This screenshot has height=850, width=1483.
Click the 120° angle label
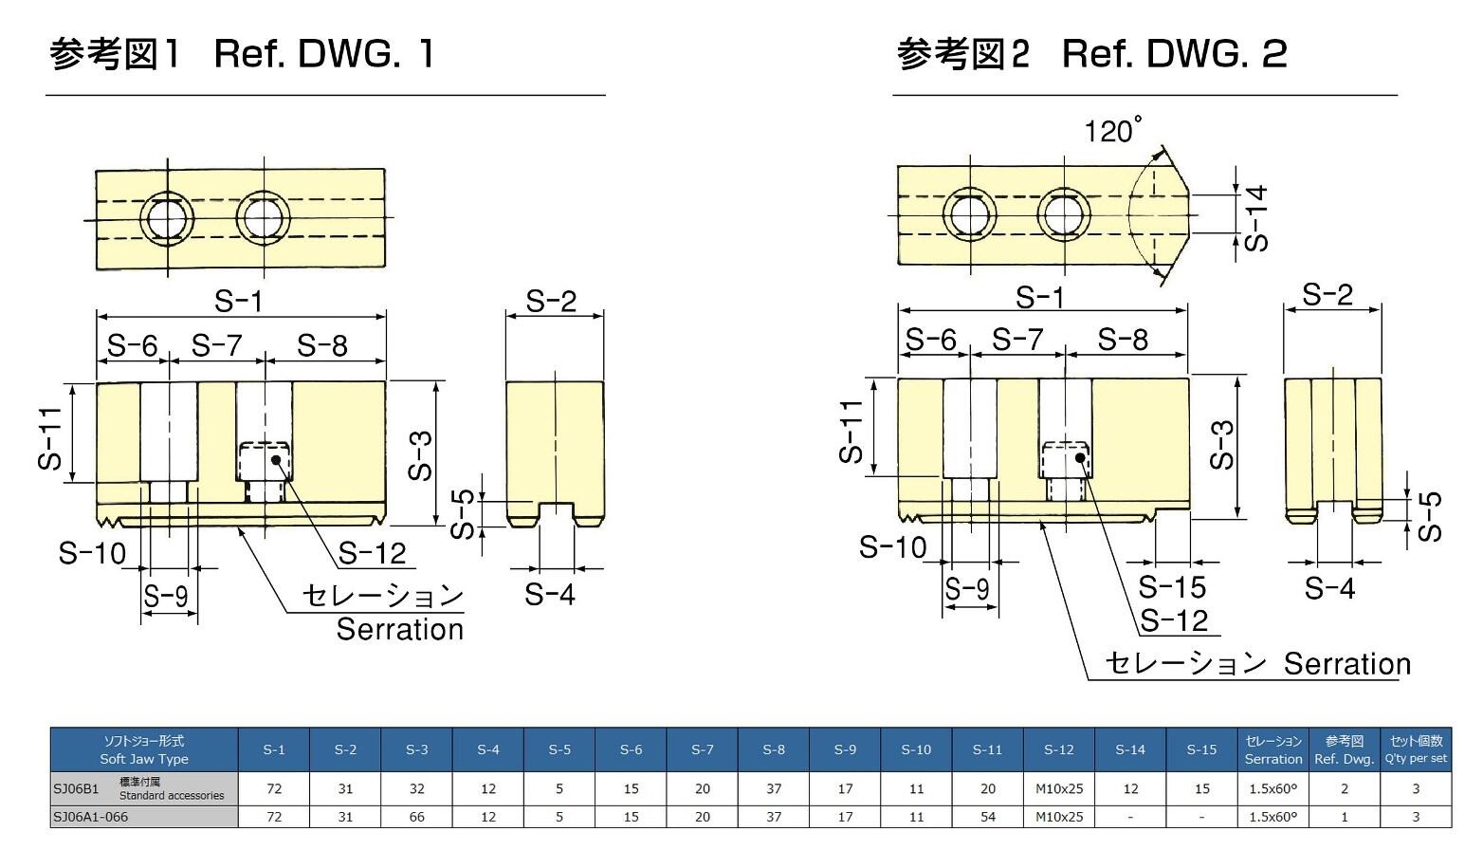pos(1112,130)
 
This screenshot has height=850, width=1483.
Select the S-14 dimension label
pos(1256,218)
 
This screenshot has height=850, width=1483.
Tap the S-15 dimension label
pos(1172,586)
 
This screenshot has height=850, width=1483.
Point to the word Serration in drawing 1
pos(400,629)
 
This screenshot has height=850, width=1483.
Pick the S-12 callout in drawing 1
pos(372,552)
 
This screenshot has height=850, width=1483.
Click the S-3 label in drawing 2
pos(1224,445)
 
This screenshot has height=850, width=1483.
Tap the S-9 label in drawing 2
pos(967,589)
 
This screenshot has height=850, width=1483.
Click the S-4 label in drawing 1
pos(550,595)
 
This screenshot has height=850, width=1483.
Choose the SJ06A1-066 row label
pos(91,817)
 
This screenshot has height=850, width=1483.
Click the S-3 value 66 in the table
pos(416,817)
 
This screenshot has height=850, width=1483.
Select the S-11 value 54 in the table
pos(987,817)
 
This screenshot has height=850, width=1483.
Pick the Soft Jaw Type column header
pos(144,749)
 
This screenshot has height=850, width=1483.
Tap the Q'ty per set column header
pos(1416,749)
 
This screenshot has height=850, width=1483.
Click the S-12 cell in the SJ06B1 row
pos(1058,788)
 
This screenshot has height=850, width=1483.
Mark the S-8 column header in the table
pos(774,749)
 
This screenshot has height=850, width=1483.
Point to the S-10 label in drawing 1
pos(92,552)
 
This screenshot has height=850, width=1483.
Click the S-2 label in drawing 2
pos(1327,295)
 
